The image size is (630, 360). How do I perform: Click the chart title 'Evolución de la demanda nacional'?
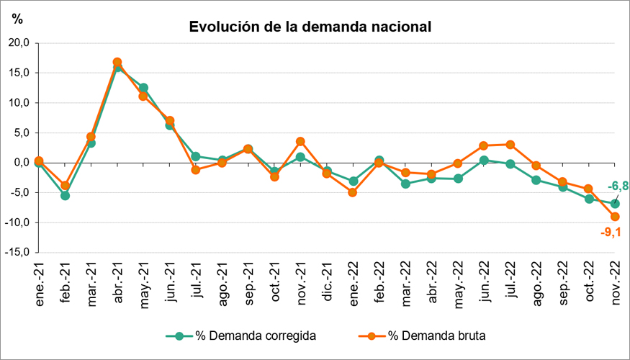click(x=310, y=27)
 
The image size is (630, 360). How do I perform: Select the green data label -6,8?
click(x=618, y=186)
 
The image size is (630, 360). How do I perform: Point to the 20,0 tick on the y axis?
click(x=17, y=42)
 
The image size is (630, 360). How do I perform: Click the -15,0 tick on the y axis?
click(x=16, y=252)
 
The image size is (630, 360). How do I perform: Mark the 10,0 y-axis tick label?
click(x=17, y=102)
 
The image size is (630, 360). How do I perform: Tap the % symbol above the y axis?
click(x=17, y=19)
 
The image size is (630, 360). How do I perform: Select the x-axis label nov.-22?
click(x=616, y=287)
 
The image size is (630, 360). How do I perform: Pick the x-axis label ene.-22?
click(x=353, y=287)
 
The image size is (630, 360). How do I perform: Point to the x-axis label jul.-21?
click(x=196, y=287)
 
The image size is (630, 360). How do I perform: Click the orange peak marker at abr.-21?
click(x=117, y=62)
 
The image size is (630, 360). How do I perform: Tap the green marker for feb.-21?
click(x=65, y=195)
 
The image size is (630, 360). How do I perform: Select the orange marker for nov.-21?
click(x=300, y=141)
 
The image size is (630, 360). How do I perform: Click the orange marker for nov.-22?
click(x=616, y=217)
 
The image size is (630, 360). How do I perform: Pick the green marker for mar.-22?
click(x=405, y=184)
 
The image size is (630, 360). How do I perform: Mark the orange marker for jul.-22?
click(x=510, y=144)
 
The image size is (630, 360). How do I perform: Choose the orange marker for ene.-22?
click(x=353, y=192)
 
